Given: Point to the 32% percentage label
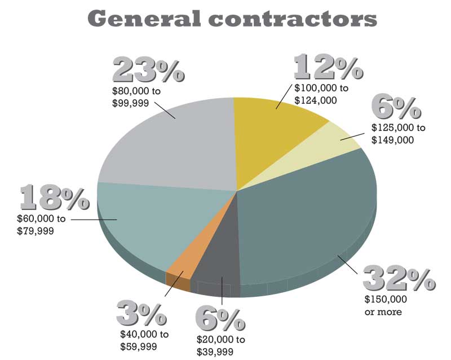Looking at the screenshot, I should [399, 279].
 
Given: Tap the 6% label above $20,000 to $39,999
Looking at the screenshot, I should [220, 320].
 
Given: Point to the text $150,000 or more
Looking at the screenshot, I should [386, 305].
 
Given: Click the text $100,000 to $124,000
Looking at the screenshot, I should [321, 94].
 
